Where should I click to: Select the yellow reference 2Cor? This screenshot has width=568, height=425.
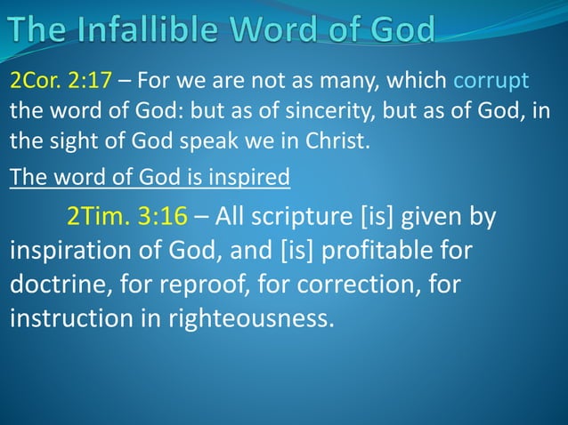(x=35, y=83)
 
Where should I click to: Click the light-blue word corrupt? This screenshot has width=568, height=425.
(x=491, y=83)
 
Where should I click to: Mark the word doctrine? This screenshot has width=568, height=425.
(x=61, y=285)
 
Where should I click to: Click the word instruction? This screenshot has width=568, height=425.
(x=74, y=317)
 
